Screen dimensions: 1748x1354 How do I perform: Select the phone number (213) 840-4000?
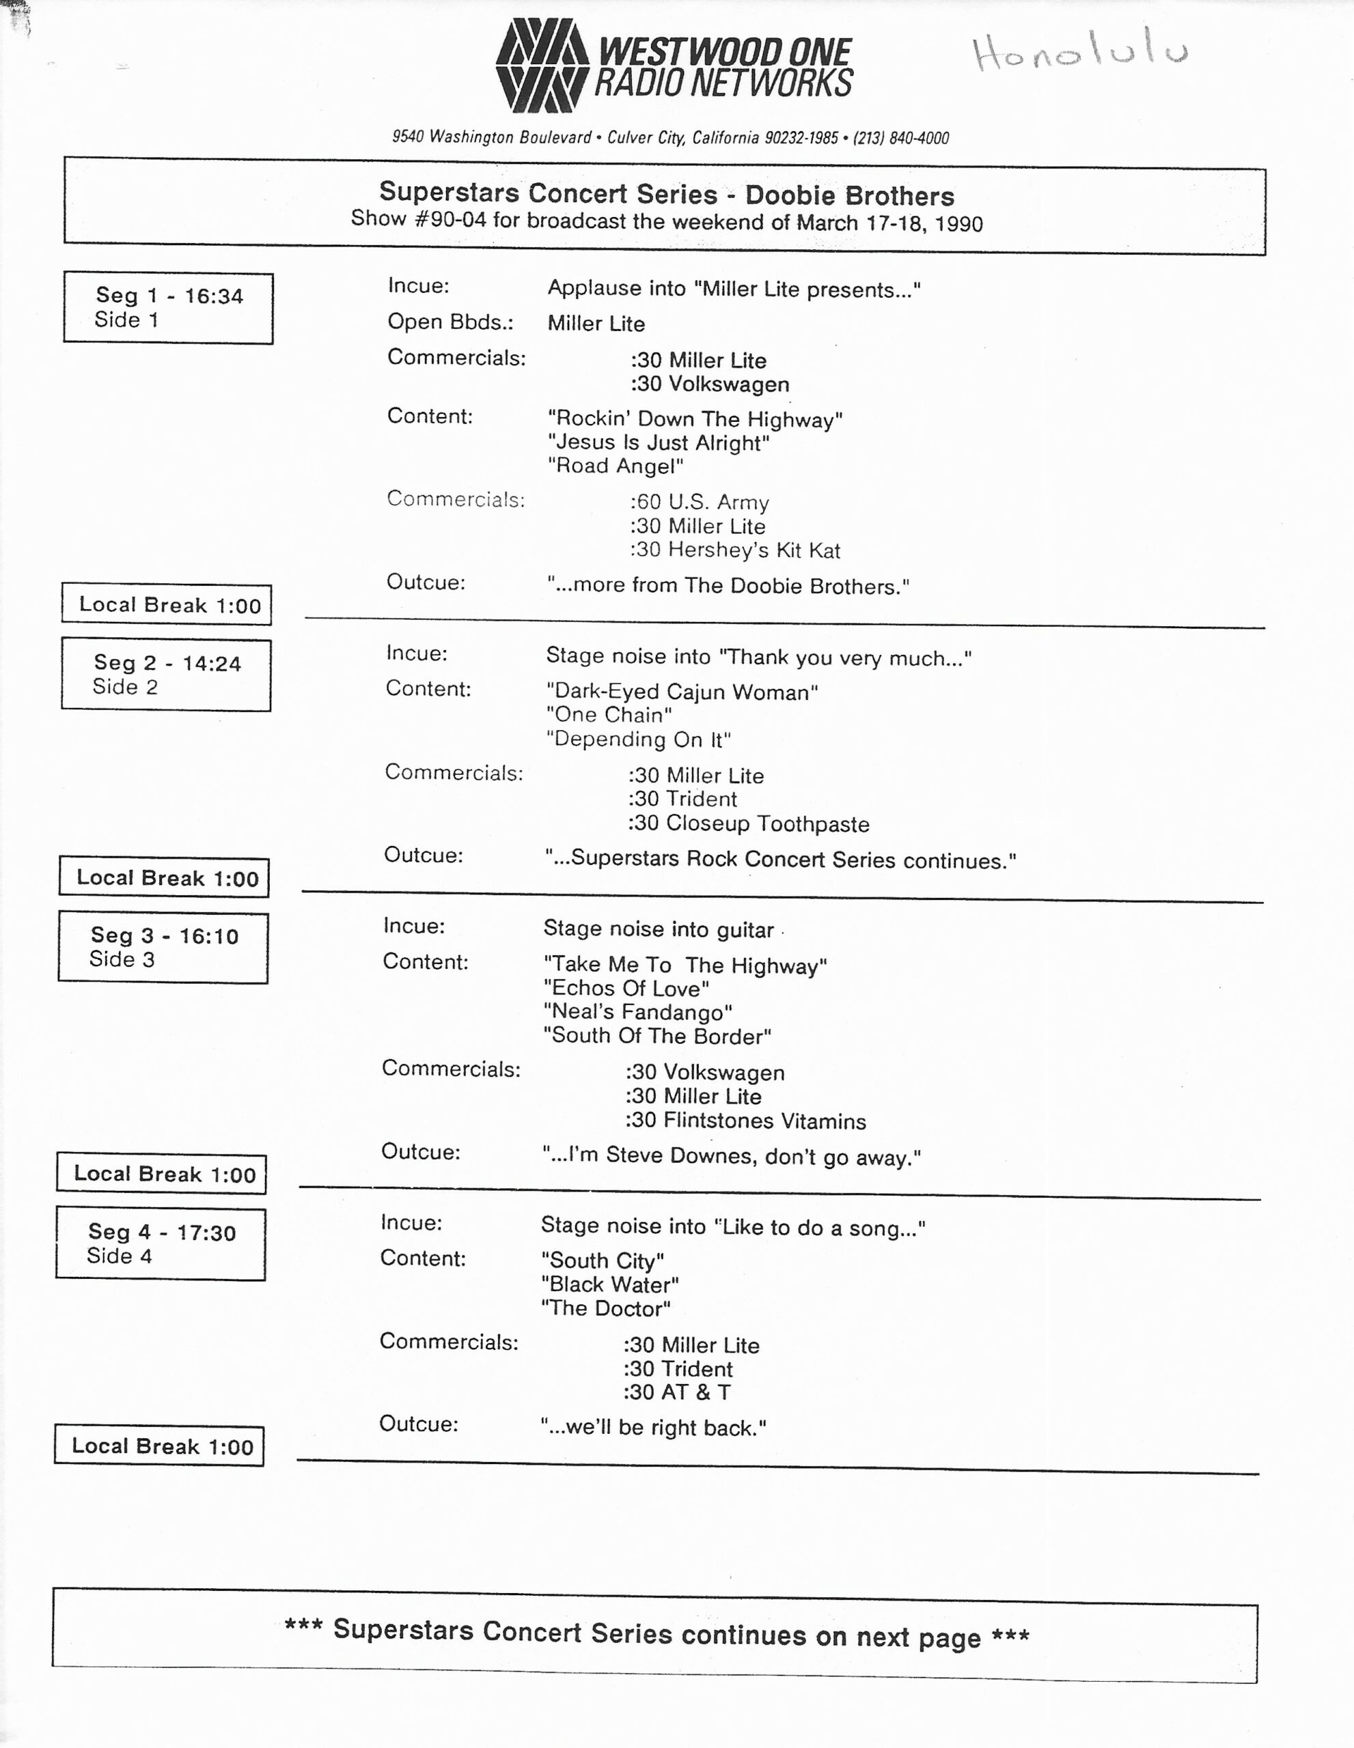pos(901,138)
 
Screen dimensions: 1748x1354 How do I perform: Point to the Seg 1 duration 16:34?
pos(214,296)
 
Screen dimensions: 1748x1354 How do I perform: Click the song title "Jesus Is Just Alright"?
pos(658,442)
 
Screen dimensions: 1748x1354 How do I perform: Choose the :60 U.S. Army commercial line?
pos(699,503)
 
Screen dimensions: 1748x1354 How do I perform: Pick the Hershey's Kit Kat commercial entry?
pos(735,550)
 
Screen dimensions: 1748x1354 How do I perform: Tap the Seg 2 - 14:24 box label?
pos(167,663)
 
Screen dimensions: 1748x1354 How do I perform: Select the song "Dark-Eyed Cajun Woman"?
pos(682,692)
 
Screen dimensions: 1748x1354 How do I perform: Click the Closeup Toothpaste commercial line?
pos(748,823)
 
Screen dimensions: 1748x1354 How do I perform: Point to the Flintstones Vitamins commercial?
pos(745,1120)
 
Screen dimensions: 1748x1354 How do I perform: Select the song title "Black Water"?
pos(610,1284)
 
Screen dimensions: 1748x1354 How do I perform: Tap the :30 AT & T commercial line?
pos(676,1393)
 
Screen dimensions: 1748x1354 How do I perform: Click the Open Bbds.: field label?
pos(450,322)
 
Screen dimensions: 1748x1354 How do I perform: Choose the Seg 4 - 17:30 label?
pos(162,1232)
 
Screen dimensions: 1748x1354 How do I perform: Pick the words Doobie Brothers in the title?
pos(850,195)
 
